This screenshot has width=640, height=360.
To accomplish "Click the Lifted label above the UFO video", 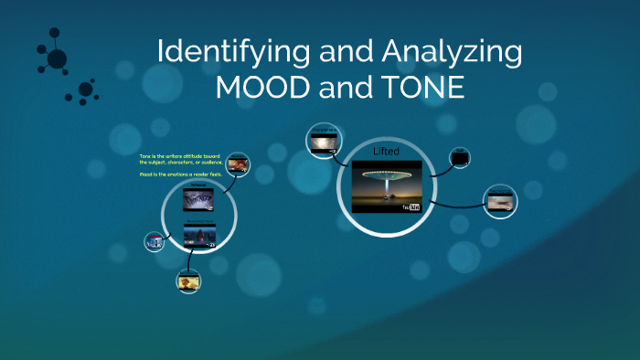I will (x=387, y=150).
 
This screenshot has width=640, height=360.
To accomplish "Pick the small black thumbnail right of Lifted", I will (x=460, y=158).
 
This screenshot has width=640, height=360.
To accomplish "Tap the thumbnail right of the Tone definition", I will (x=238, y=164).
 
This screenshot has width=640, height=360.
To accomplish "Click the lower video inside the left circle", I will (x=198, y=237).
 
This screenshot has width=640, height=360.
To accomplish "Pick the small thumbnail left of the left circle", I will (x=154, y=242).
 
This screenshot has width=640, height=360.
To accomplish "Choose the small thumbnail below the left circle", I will (x=188, y=281).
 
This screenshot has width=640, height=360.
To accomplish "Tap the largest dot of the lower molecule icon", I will (x=86, y=89).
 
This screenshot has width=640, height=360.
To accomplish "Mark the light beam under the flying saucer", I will (x=386, y=192).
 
